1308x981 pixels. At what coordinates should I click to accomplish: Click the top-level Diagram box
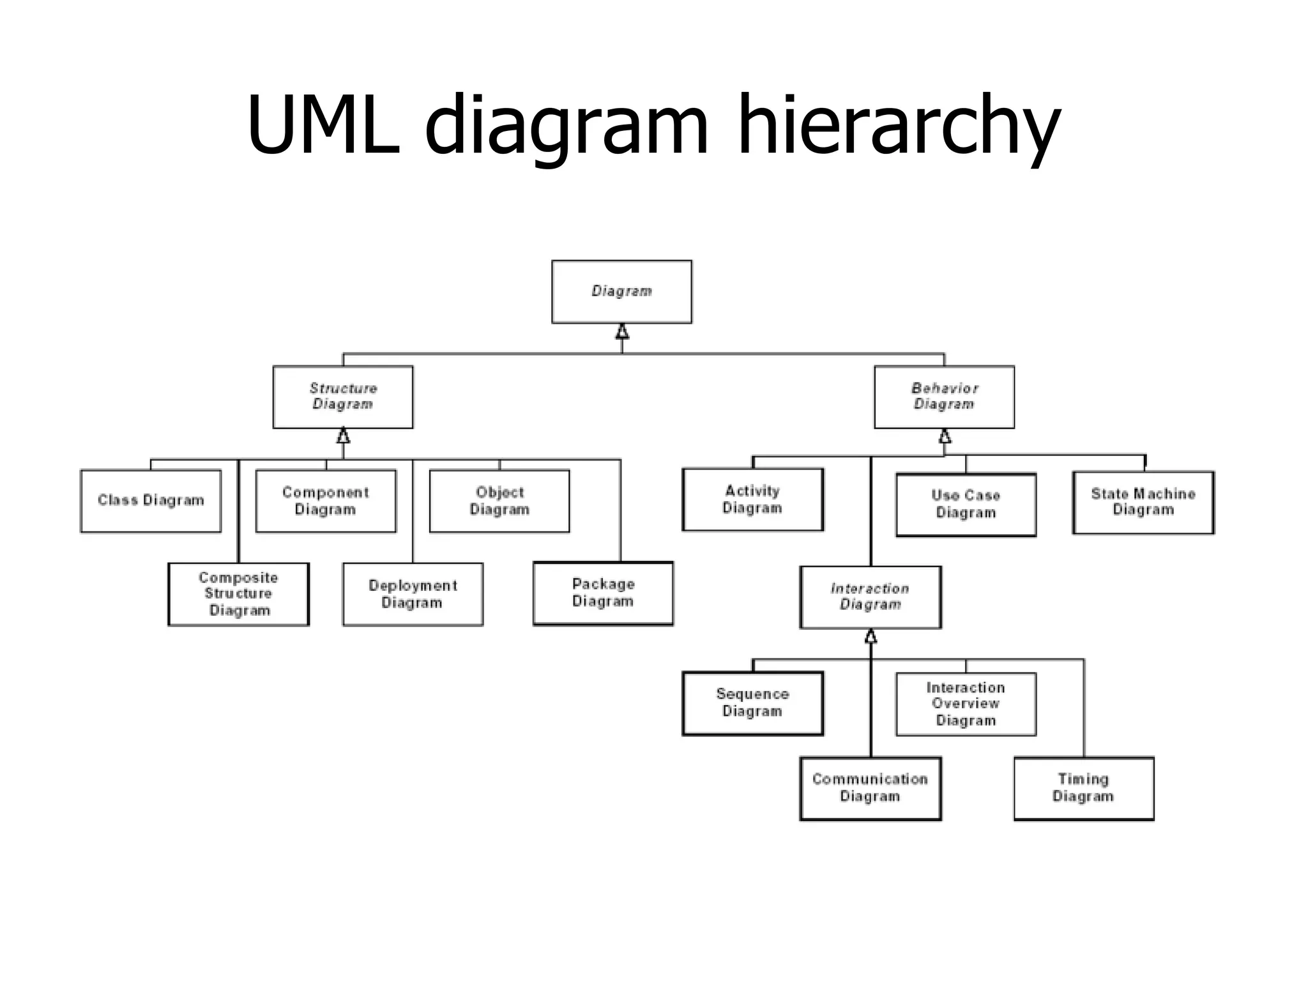point(621,291)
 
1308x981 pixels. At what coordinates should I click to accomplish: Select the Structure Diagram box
point(343,397)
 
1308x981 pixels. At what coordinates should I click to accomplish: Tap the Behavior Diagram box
point(944,397)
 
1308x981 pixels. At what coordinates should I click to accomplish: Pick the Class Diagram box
point(151,501)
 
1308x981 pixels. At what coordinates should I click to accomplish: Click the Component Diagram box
point(326,501)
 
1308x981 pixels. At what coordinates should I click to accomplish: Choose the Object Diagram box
point(499,501)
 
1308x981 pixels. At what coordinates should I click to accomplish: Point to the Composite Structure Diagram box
point(238,594)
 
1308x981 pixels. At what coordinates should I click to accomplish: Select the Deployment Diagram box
point(413,594)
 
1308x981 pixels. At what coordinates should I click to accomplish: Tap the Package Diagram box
point(603,593)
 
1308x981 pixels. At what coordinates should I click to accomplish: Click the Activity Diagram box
point(752,499)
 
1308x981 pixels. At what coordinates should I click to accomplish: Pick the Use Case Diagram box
point(966,505)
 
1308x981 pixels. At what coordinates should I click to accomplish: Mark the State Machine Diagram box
point(1143,502)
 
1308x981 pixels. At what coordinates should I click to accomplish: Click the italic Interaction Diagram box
point(870,597)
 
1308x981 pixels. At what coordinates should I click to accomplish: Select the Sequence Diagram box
point(752,703)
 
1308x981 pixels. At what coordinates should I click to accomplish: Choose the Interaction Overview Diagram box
point(966,704)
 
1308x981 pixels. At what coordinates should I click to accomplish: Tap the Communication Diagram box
point(870,788)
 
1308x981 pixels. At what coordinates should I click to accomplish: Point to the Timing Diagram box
point(1083,788)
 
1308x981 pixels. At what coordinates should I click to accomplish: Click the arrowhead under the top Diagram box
point(622,331)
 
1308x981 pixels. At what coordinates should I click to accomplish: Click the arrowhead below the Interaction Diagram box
point(871,636)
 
